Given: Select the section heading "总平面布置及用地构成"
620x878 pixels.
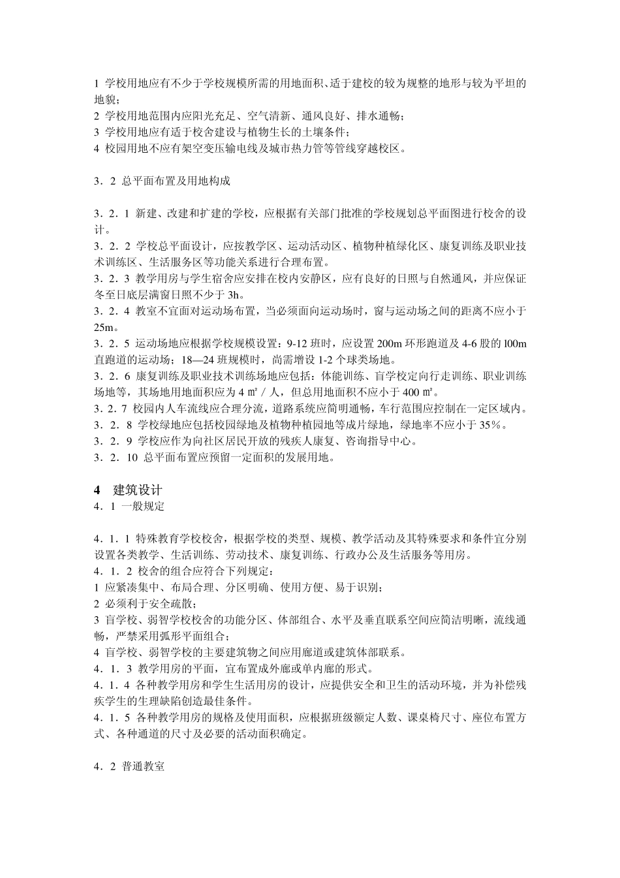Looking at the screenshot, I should point(176,181).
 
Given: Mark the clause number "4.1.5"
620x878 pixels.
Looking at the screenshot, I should point(113,717).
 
